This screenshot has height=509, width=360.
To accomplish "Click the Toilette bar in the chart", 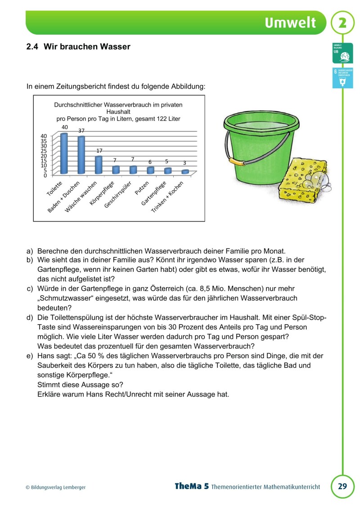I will coord(64,154).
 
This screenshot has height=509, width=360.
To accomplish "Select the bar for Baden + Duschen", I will coord(81,155).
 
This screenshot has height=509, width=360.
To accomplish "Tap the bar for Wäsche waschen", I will coord(99,165).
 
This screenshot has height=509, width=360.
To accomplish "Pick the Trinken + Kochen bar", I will coord(185,171).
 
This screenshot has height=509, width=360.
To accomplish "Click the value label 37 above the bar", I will coord(81,131).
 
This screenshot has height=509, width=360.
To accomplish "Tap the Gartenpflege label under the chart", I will coord(154,193).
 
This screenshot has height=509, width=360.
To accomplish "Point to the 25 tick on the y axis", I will coord(44,150).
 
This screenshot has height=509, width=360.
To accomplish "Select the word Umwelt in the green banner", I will coord(290,23).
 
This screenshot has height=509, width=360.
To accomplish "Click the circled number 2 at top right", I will coord(343,23).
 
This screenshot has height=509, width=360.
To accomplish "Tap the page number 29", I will coord(342,486).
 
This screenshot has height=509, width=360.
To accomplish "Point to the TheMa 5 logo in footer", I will coord(191,486).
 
